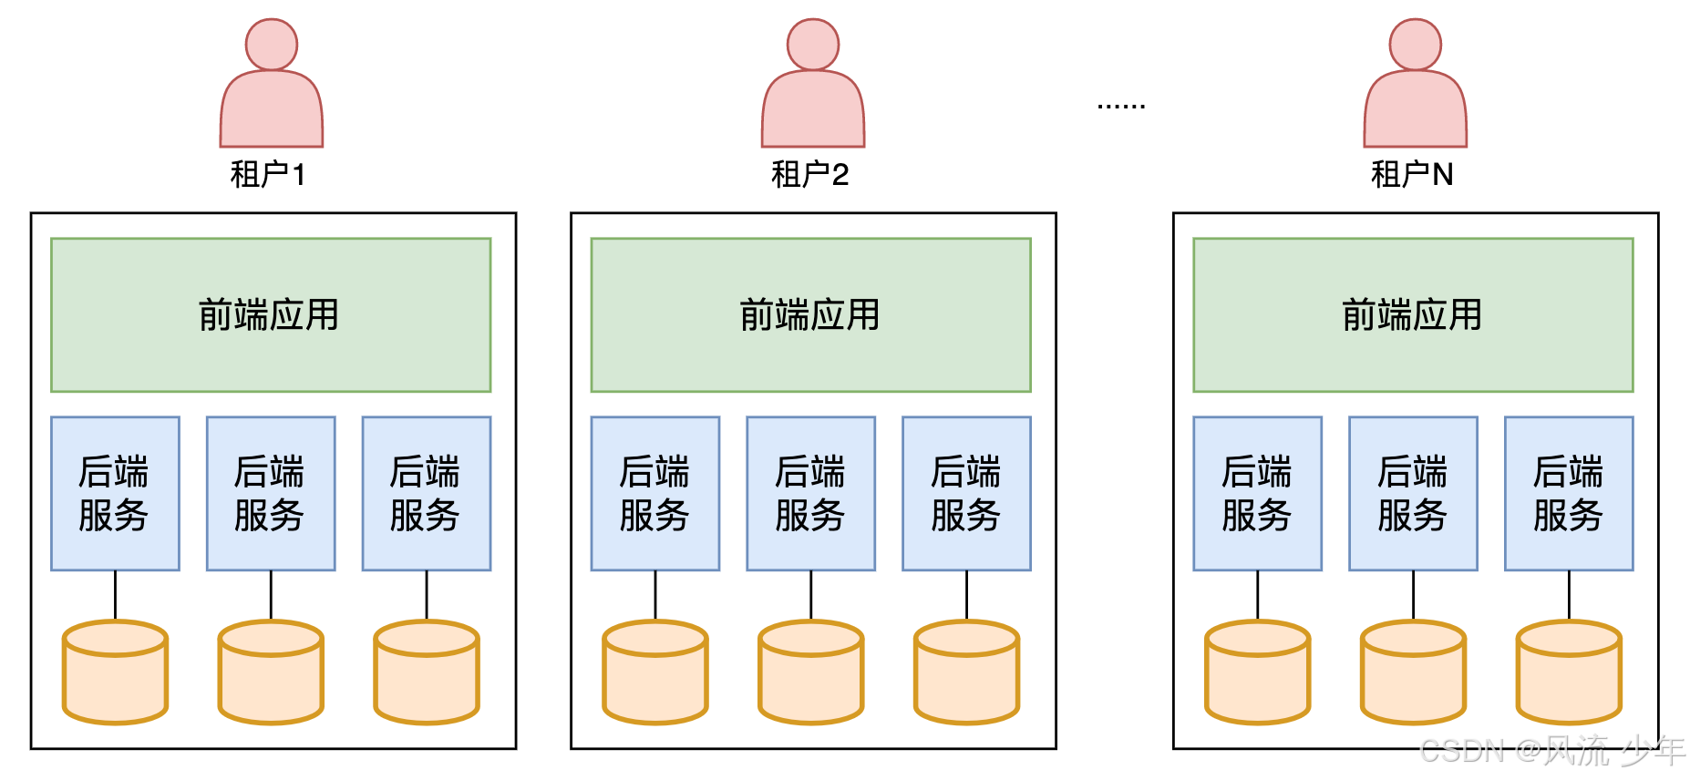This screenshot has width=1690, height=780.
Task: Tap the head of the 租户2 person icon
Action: pyautogui.click(x=812, y=44)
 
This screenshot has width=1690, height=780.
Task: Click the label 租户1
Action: pyautogui.click(x=267, y=174)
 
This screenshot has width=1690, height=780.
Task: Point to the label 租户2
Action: pyautogui.click(x=809, y=174)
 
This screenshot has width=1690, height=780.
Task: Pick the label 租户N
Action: pyautogui.click(x=1411, y=174)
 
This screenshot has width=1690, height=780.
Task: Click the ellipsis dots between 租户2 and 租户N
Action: pyautogui.click(x=1120, y=107)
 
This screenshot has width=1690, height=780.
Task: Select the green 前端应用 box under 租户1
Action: pyautogui.click(x=271, y=315)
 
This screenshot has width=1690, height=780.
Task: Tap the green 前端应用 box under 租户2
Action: pyautogui.click(x=810, y=315)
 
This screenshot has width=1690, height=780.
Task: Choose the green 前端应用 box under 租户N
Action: pyautogui.click(x=1413, y=315)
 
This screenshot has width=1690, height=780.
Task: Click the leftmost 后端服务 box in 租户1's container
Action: pyautogui.click(x=115, y=494)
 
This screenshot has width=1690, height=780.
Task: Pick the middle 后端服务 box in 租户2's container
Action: pyautogui.click(x=810, y=494)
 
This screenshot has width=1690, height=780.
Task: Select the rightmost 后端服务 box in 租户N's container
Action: pyautogui.click(x=1568, y=494)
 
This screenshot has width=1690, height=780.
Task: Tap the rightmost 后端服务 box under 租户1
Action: pyautogui.click(x=426, y=494)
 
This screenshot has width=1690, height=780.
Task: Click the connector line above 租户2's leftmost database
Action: pyautogui.click(x=655, y=595)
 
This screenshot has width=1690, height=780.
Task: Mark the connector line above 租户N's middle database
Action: pyautogui.click(x=1413, y=595)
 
